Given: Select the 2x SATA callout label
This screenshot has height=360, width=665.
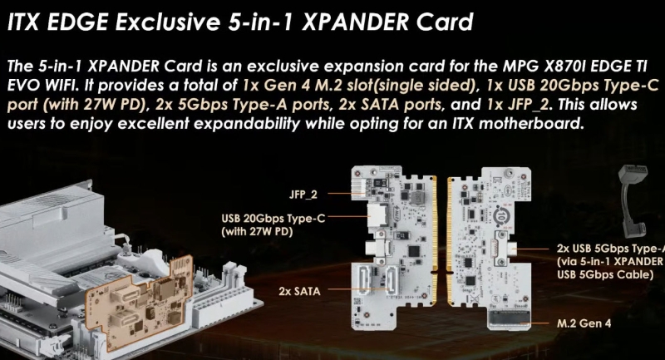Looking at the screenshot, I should (300, 291).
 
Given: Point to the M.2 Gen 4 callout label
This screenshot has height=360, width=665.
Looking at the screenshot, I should (581, 321).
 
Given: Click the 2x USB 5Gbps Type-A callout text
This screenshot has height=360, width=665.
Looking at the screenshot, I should (610, 248).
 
